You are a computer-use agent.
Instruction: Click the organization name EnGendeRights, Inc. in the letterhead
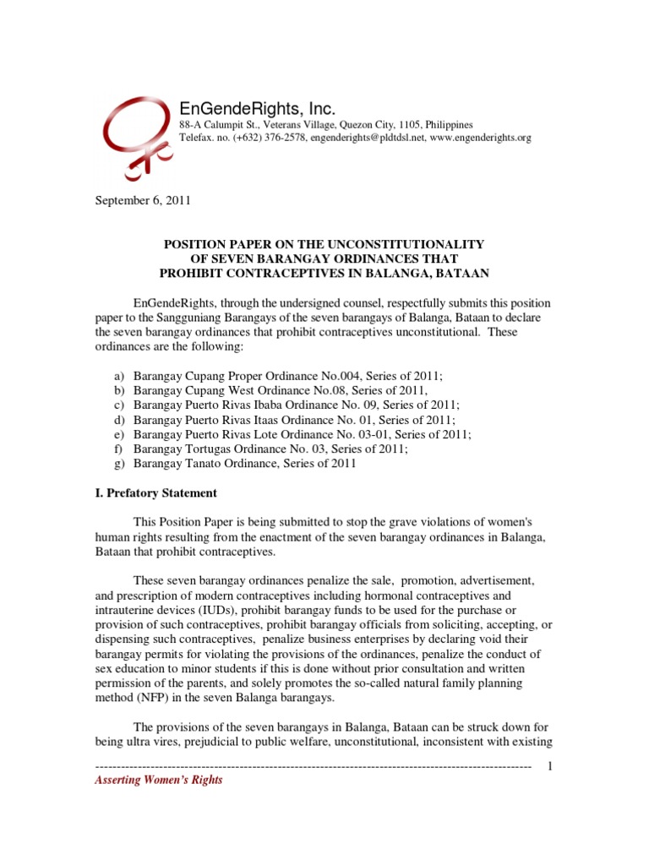pos(257,109)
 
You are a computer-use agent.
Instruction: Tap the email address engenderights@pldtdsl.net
pos(367,137)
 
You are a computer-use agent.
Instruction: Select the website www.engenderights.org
pos(481,137)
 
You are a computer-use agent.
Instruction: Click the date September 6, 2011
pos(141,201)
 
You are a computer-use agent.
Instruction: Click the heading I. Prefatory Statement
pos(155,492)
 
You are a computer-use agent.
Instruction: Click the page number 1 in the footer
pos(550,765)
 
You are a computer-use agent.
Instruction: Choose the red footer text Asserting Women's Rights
pos(158,781)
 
